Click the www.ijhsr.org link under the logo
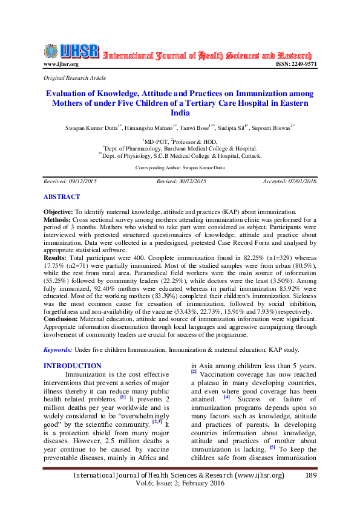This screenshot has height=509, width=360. (x=61, y=64)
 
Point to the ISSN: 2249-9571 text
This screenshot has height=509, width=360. (x=296, y=64)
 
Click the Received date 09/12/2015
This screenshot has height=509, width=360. (x=87, y=181)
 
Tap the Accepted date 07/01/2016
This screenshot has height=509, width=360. (x=303, y=181)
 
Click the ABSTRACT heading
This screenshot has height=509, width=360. (x=61, y=196)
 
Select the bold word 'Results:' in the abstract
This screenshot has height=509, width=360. (x=56, y=258)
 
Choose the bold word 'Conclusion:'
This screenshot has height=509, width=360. (x=63, y=319)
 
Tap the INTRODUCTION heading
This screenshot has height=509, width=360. (x=73, y=366)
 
